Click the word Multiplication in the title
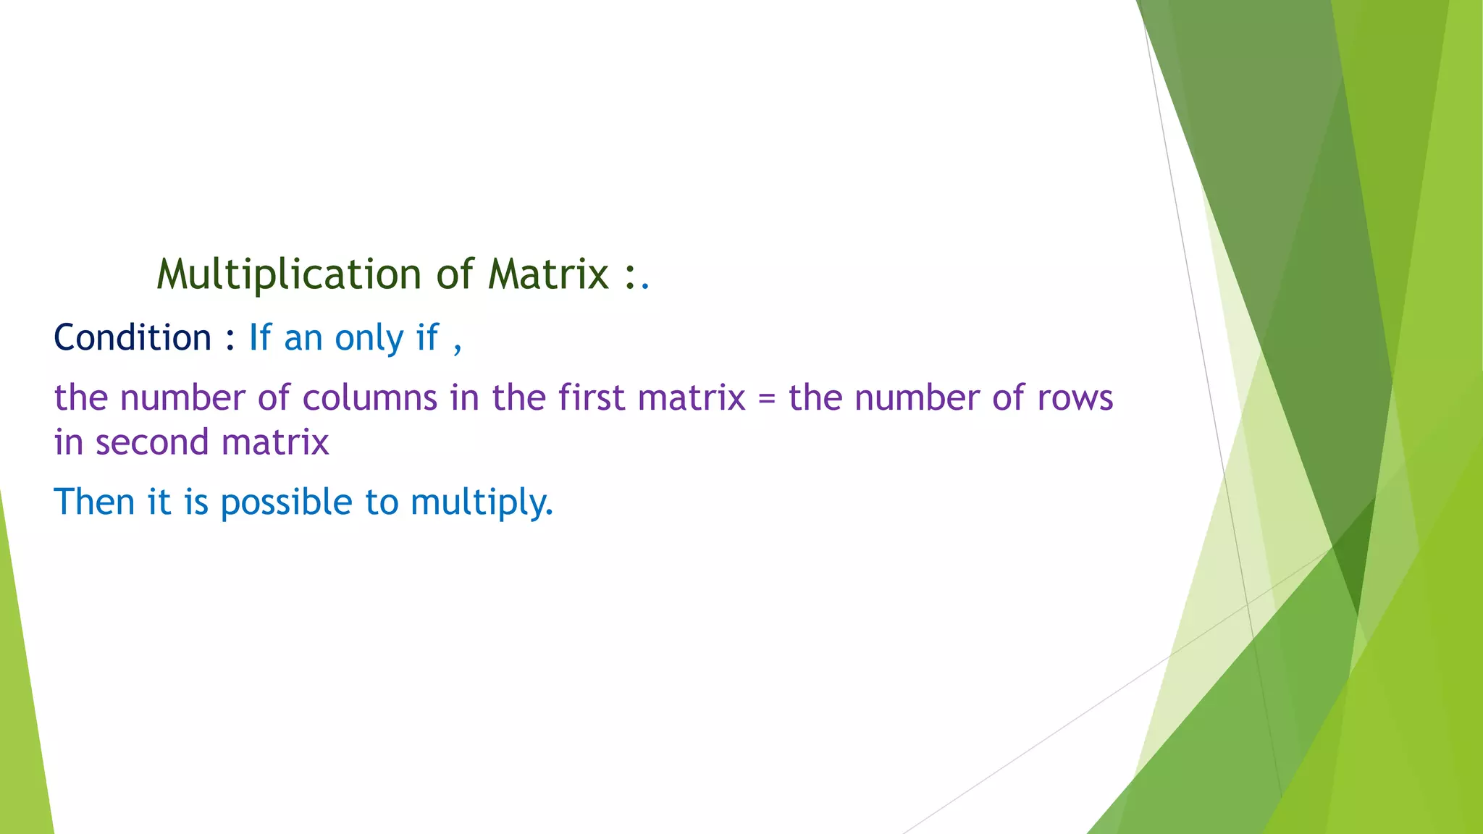pyautogui.click(x=288, y=275)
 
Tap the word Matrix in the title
pyautogui.click(x=548, y=275)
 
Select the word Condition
pyautogui.click(x=133, y=338)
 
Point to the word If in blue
pyautogui.click(x=259, y=338)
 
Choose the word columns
pyautogui.click(x=369, y=398)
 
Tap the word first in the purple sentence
pyautogui.click(x=591, y=398)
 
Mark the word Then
pyautogui.click(x=94, y=502)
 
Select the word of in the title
pyautogui.click(x=455, y=275)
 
